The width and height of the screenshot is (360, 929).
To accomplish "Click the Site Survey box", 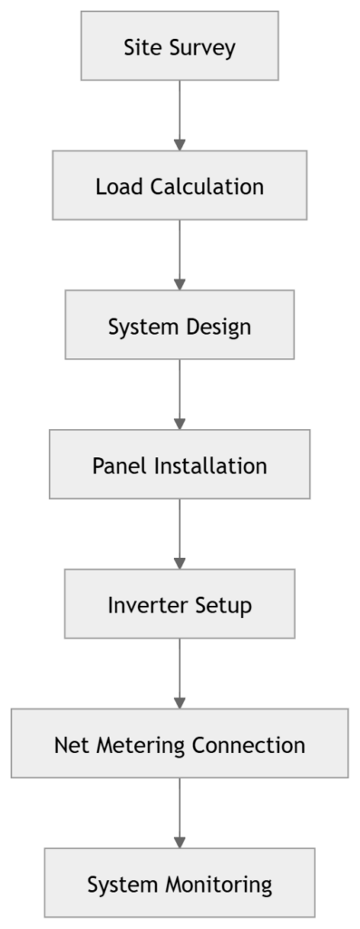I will point(180,46).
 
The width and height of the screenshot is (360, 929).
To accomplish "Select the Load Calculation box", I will point(180,186).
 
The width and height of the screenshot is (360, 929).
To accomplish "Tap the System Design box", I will point(180,326).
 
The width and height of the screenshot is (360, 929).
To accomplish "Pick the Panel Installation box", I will point(180,465).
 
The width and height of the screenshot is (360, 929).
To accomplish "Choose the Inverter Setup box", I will point(180,604).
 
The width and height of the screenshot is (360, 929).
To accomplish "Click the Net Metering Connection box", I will point(180,744).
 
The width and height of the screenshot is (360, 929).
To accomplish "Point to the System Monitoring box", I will point(180,884).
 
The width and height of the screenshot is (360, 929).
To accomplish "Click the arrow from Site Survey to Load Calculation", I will point(180,115).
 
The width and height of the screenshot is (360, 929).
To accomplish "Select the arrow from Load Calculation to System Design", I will point(180,255).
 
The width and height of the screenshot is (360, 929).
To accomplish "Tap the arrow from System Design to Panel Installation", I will point(180,395).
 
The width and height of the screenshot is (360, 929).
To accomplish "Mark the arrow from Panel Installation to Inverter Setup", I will point(180,534).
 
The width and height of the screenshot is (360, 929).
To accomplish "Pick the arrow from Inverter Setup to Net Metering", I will point(180,674).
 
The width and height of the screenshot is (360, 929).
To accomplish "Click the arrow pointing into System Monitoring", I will point(180,814).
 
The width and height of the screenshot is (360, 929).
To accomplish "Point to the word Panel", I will point(120,466).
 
